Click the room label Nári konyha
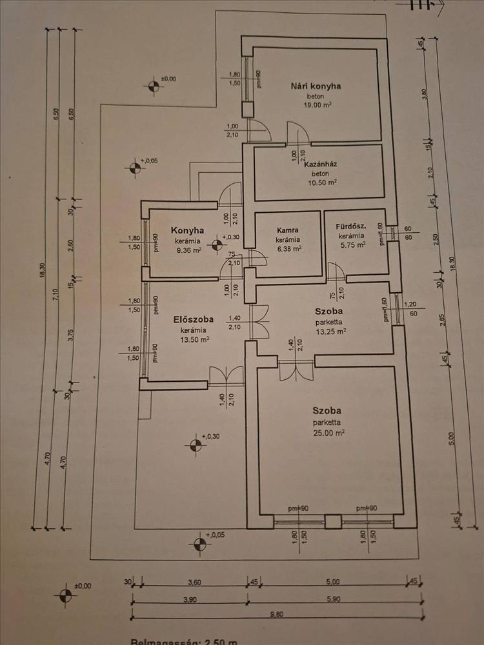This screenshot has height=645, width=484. (316, 86)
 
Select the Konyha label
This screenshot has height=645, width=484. (187, 230)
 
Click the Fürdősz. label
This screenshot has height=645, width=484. (352, 226)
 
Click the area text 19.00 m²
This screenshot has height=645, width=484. (316, 104)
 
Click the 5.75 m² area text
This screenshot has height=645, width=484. (352, 244)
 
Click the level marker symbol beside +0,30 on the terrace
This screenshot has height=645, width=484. (194, 444)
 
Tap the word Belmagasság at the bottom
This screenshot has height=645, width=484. (162, 642)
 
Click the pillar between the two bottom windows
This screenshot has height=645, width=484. (332, 522)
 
